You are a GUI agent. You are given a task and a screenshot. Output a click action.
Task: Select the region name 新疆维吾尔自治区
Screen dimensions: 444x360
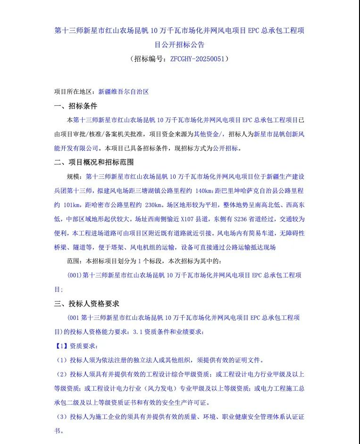pyautogui.click(x=123, y=92)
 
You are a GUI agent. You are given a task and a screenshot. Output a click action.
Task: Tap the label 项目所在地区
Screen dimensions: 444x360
pyautogui.click(x=73, y=92)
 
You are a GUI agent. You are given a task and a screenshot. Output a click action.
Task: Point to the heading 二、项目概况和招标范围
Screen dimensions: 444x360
pyautogui.click(x=94, y=162)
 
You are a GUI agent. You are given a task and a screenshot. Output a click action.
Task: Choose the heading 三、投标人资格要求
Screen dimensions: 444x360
pyautogui.click(x=87, y=303)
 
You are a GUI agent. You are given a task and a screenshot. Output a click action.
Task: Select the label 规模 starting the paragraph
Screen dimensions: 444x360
pyautogui.click(x=75, y=176)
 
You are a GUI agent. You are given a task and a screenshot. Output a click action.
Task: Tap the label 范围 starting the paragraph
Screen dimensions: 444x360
pyautogui.click(x=75, y=261)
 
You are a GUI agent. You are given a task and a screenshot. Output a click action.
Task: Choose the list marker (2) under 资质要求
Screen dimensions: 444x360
pyautogui.click(x=62, y=374)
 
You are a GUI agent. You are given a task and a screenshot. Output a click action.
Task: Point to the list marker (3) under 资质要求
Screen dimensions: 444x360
pyautogui.click(x=62, y=417)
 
